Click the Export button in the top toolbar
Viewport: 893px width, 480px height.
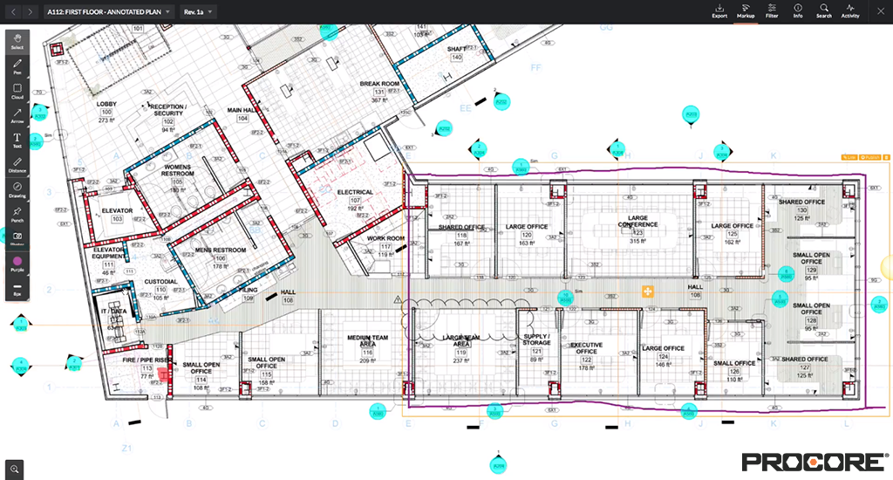[719, 11]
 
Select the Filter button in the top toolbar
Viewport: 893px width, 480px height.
[772, 11]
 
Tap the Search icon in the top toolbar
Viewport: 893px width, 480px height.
[824, 11]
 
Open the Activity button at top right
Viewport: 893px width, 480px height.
[850, 11]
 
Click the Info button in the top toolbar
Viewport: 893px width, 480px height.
[798, 11]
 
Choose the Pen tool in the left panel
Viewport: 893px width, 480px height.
[17, 66]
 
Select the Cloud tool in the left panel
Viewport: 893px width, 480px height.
[17, 91]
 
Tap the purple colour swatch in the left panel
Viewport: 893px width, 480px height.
[17, 260]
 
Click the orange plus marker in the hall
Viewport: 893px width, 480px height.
[648, 291]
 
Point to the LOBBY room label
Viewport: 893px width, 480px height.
[106, 104]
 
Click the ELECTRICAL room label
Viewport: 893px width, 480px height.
[355, 192]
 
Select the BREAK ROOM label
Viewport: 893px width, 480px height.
[379, 85]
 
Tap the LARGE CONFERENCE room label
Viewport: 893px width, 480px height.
[637, 222]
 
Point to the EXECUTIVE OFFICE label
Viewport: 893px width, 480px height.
[586, 348]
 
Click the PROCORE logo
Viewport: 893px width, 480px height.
[814, 461]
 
